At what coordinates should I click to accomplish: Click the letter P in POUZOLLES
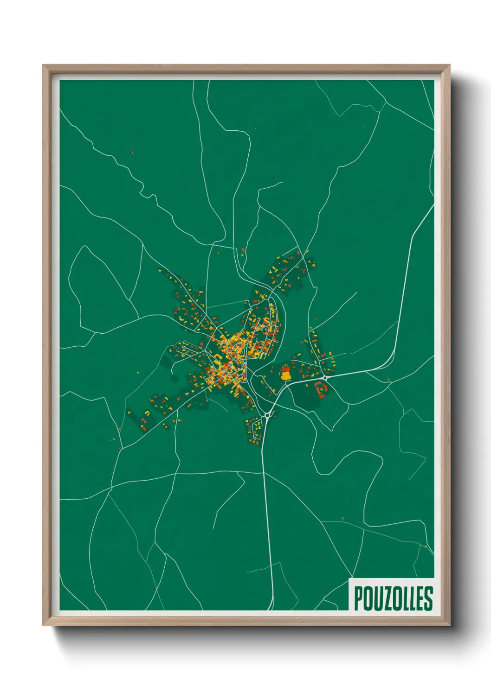[359, 598]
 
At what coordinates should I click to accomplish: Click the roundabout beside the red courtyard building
[325, 378]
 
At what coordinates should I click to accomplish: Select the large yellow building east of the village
[285, 374]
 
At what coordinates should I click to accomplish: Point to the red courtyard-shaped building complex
[321, 388]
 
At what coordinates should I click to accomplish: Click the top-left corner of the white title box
[349, 578]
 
